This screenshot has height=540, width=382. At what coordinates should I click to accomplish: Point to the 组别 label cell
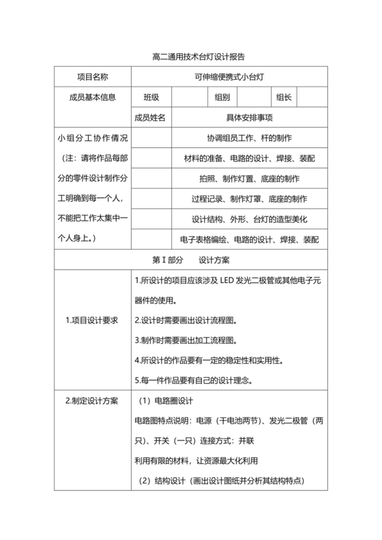tap(222, 97)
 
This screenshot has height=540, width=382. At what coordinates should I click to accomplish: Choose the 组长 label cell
tap(284, 97)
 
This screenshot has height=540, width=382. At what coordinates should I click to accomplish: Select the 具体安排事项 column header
tap(249, 118)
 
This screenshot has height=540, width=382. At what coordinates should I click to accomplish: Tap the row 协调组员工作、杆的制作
tap(249, 138)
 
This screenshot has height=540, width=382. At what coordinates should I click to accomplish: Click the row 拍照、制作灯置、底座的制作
tap(249, 179)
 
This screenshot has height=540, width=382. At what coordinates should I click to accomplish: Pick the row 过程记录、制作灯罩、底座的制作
tap(249, 199)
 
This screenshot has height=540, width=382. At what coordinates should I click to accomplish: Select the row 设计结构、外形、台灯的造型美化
tap(249, 220)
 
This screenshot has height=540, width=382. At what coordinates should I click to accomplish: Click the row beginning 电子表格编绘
tap(249, 240)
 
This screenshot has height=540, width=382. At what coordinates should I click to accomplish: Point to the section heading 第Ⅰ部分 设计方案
tap(190, 260)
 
